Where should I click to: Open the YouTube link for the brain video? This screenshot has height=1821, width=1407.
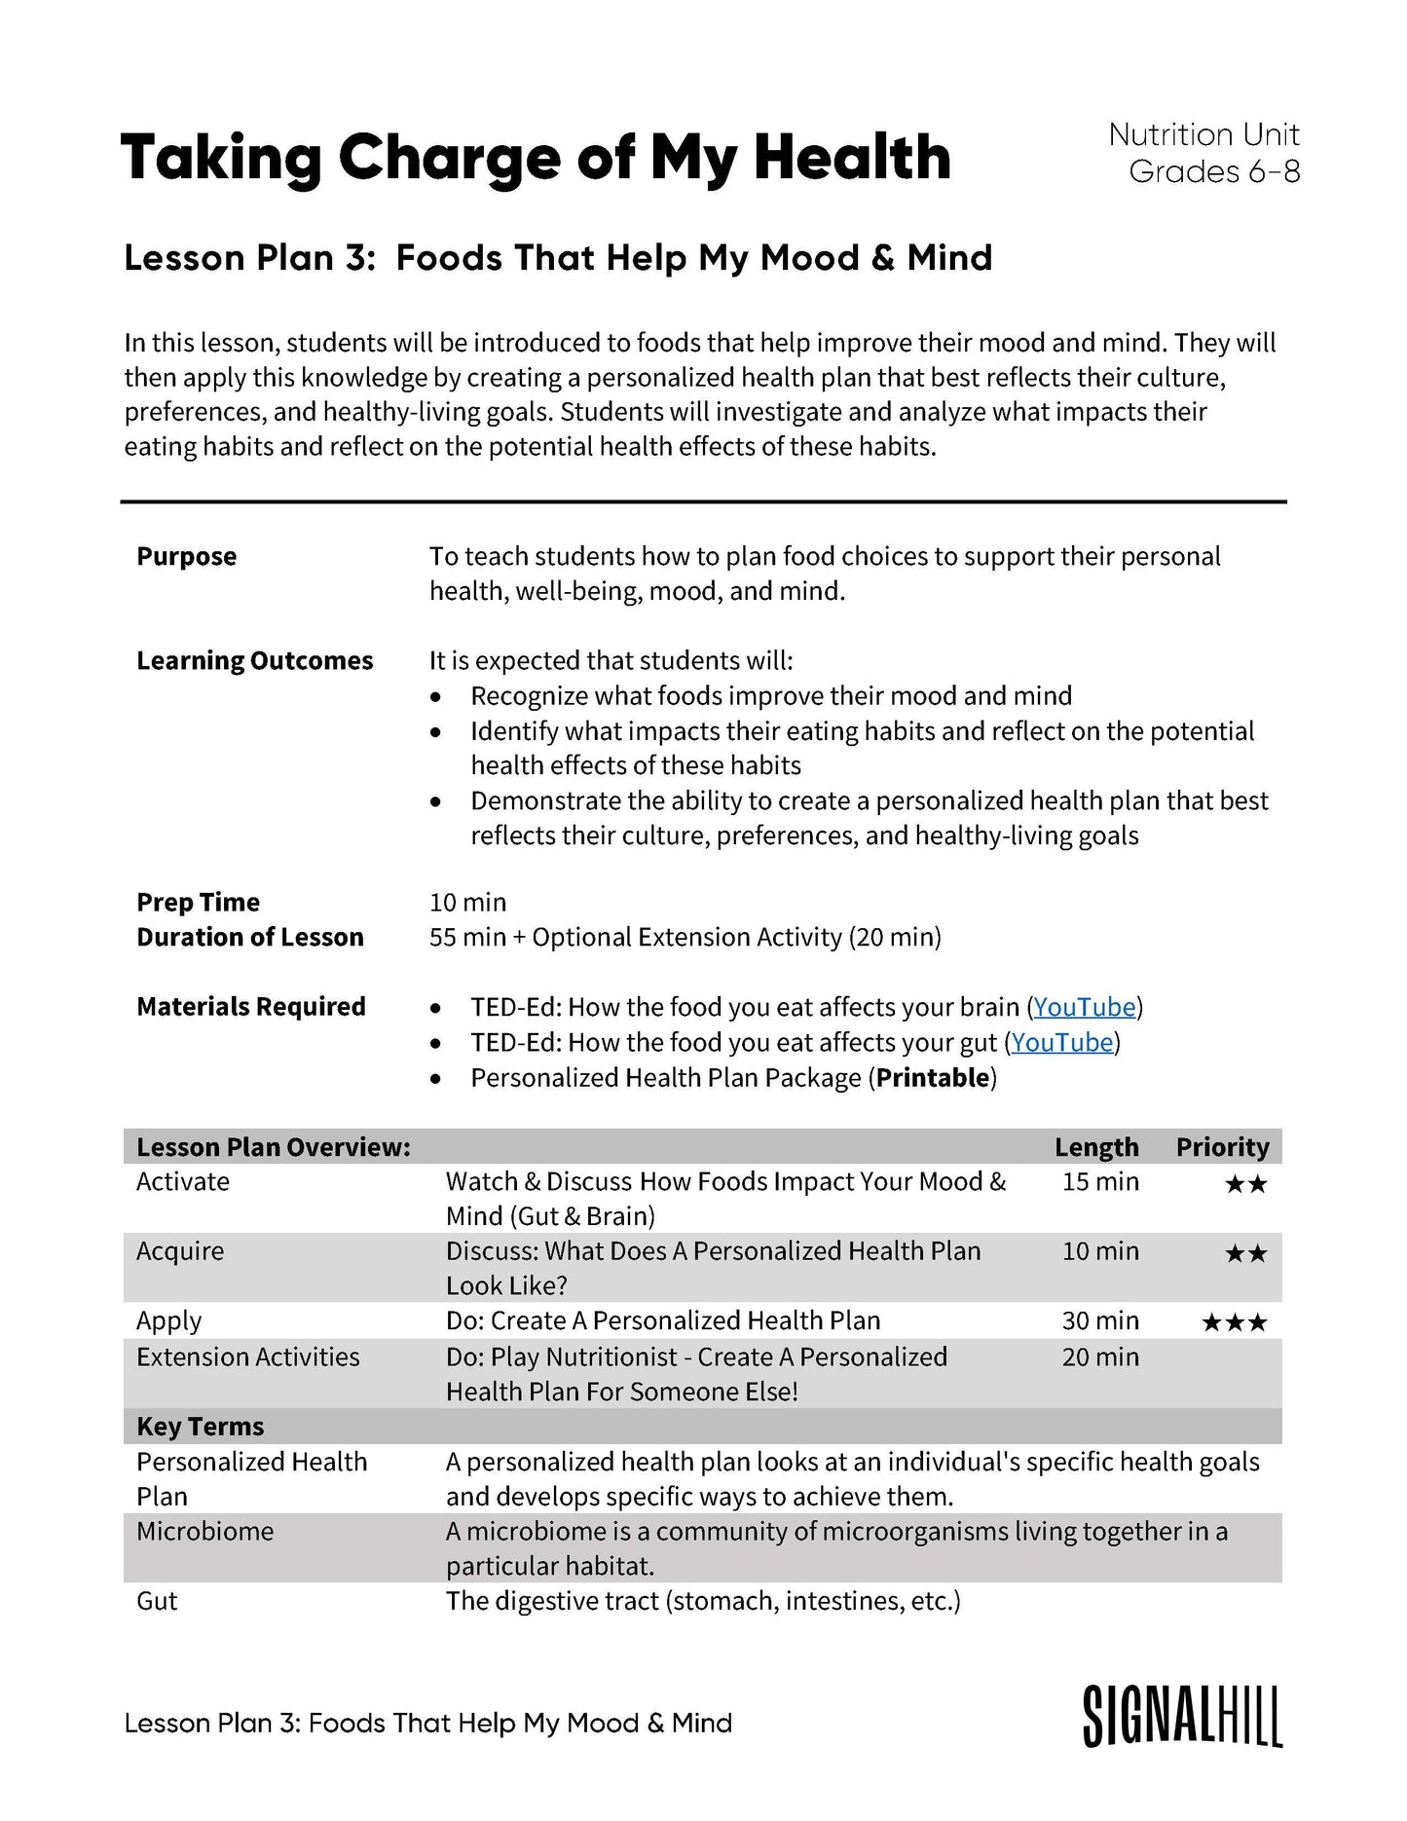tap(1084, 1007)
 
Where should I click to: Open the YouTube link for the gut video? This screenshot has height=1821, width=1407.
tap(1061, 1043)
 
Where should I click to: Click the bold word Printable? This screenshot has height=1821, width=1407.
tap(933, 1078)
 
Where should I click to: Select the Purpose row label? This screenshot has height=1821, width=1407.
tap(186, 557)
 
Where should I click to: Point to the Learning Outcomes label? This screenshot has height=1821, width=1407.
tap(254, 661)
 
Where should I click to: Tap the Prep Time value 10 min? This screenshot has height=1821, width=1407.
tap(468, 903)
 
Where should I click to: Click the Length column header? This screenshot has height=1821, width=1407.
tap(1096, 1147)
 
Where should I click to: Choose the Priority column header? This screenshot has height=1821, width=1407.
tap(1222, 1147)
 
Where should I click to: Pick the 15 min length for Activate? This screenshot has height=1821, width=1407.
tap(1100, 1182)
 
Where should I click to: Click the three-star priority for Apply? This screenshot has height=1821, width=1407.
tap(1234, 1322)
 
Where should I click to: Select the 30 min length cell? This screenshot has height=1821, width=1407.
tap(1100, 1321)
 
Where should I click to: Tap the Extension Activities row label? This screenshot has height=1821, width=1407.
tap(247, 1357)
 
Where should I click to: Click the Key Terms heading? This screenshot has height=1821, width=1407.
tap(200, 1427)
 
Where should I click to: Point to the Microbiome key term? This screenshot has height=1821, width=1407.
tap(204, 1532)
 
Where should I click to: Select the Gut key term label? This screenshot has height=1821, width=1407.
tap(157, 1602)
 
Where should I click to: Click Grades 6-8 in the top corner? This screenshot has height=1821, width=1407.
tap(1214, 172)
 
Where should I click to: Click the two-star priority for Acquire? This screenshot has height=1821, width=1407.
tap(1245, 1253)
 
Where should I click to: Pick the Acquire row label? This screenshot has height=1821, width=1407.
tap(180, 1251)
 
